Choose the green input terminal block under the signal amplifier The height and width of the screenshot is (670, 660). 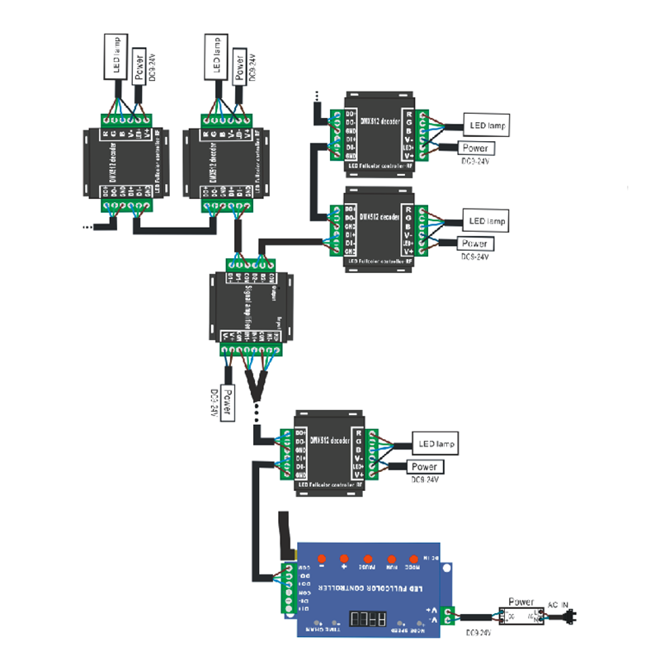coord(252,351)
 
